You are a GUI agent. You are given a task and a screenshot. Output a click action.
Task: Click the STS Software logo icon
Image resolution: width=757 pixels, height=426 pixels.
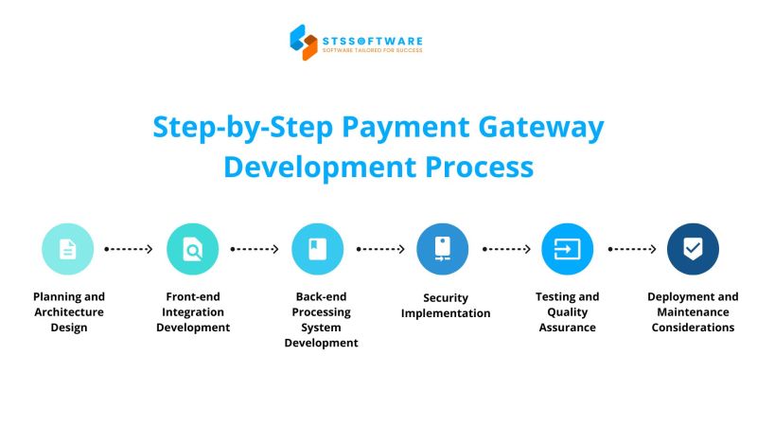pos(304,42)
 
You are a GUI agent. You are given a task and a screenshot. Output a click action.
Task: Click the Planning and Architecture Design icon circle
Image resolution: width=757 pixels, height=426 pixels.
pos(67,249)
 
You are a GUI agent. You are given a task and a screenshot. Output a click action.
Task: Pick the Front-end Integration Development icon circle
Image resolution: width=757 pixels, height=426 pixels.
pos(192,249)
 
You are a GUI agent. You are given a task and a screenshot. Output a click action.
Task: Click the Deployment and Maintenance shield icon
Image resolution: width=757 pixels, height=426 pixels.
pos(693,249)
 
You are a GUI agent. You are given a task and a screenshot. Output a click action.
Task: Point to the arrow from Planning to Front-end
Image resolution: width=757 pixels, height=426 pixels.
pos(129,249)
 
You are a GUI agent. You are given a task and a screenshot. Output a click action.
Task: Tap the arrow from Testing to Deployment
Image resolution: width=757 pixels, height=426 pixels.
pos(631,249)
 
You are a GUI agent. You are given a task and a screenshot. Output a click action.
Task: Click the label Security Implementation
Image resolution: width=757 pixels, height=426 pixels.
pos(446,305)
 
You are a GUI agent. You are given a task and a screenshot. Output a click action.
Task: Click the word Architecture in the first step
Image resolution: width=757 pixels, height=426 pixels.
pos(68,311)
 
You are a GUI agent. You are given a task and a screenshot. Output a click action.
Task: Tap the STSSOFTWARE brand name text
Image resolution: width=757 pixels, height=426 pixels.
pos(372,40)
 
